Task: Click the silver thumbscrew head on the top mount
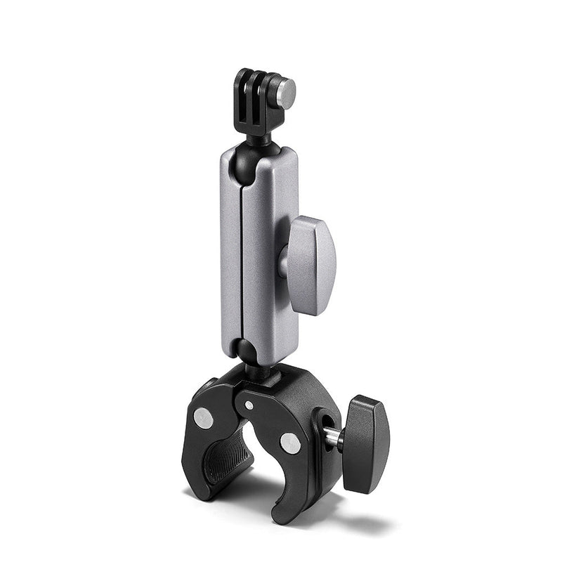pyautogui.click(x=285, y=89)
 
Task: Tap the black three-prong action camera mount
pyautogui.click(x=256, y=95)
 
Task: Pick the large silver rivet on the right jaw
pyautogui.click(x=289, y=442)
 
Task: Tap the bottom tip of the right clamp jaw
pyautogui.click(x=284, y=516)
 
